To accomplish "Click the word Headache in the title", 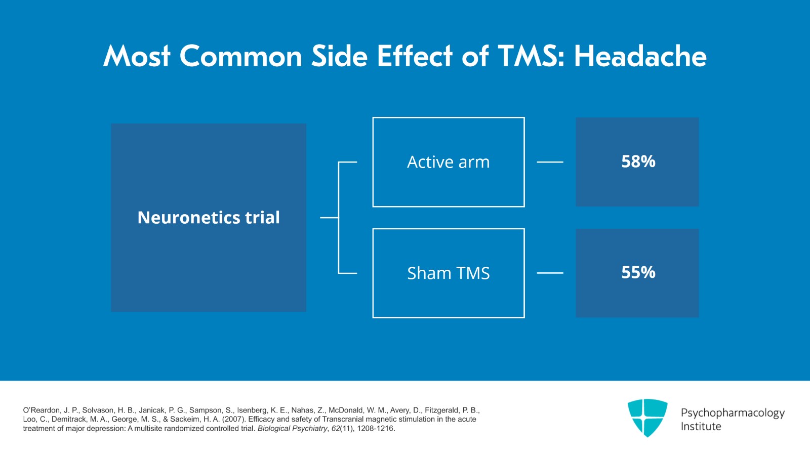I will coord(640,56).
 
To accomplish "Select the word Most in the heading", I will coord(137,56).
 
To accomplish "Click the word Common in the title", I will coord(240,56).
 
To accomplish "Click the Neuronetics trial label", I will coord(209,218).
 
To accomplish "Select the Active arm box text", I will coord(448,162).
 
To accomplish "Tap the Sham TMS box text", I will coord(448,273).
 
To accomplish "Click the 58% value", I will coord(638,161).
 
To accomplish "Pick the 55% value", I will coord(638,272).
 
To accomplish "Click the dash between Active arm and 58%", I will coord(550,162).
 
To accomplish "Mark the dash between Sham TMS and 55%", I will coord(550,273).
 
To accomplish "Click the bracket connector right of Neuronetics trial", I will coord(339,218).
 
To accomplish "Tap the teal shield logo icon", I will coord(647,418).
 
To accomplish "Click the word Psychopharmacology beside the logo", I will coord(732,413).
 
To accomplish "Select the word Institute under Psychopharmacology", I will coord(701,427).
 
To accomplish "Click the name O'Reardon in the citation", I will coord(41,410).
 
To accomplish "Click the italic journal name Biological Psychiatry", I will coord(292,429).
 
